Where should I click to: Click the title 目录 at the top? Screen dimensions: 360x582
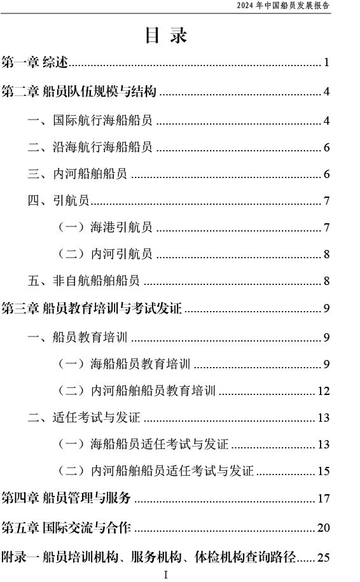(166, 36)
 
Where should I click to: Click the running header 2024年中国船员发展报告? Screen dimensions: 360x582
(283, 6)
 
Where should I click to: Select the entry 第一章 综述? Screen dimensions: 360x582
(35, 62)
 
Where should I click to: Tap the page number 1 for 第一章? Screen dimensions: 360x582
(326, 62)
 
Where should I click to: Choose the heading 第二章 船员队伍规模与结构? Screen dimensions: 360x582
(79, 92)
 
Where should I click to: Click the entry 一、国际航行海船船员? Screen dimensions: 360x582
(90, 120)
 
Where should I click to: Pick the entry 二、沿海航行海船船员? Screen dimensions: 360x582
(90, 147)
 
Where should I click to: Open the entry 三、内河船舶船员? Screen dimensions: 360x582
(77, 174)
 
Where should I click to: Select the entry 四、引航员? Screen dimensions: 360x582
(59, 200)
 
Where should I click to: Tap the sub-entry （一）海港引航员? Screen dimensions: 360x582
(105, 227)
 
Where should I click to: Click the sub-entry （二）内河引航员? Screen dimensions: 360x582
(105, 254)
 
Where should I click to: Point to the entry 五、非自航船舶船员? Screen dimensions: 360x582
(83, 281)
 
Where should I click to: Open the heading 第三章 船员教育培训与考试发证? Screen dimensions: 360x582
(92, 308)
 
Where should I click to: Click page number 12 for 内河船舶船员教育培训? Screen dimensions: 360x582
(324, 391)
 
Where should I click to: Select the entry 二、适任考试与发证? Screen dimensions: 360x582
(84, 417)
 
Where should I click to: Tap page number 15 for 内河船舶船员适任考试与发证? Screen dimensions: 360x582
(324, 471)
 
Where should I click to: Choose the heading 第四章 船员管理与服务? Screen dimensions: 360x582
(66, 498)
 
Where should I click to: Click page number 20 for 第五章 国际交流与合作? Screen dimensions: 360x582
(324, 527)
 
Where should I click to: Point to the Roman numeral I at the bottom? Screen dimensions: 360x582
(165, 575)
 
